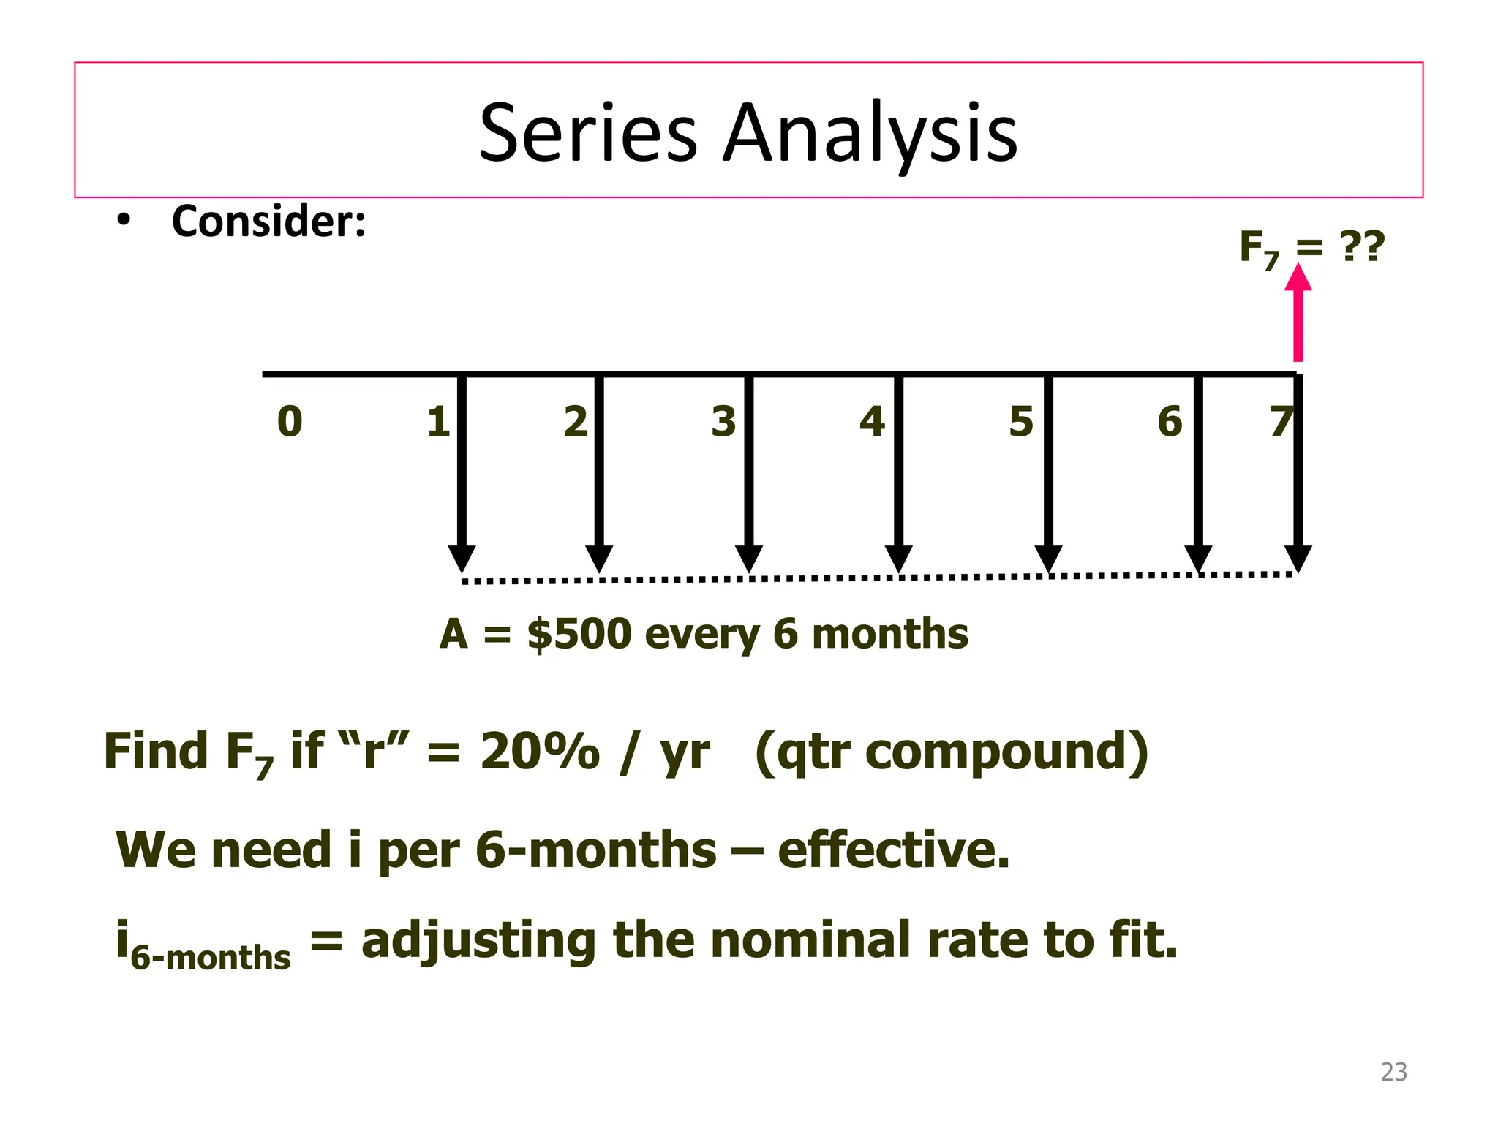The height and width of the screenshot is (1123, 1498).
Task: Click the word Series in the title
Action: click(x=588, y=133)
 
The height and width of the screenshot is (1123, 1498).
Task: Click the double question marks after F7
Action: click(x=1362, y=246)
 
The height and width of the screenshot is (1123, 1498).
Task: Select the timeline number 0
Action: click(x=290, y=422)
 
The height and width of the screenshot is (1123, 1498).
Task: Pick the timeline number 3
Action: click(x=723, y=422)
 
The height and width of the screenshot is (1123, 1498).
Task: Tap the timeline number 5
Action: click(x=1021, y=422)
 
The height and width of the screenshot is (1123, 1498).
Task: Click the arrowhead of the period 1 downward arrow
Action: click(x=462, y=559)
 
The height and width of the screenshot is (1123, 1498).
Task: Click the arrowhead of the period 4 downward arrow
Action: click(x=898, y=559)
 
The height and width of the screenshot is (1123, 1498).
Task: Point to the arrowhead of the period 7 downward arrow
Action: click(x=1298, y=559)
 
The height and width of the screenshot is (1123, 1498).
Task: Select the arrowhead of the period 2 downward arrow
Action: click(x=599, y=559)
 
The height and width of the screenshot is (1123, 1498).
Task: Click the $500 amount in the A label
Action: click(x=579, y=633)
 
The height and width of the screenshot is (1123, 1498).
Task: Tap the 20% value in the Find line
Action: click(x=540, y=752)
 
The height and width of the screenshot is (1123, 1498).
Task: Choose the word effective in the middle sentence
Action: click(x=893, y=850)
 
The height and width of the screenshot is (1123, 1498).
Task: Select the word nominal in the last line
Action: click(x=811, y=940)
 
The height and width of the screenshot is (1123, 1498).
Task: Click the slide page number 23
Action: click(x=1393, y=1072)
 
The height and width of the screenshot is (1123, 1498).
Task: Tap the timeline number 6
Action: click(x=1170, y=422)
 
